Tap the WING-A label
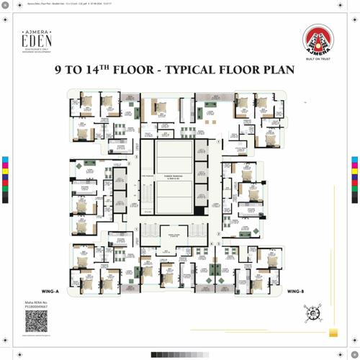(50, 292)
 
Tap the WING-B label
(295, 292)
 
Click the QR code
(36, 321)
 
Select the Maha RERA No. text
(36, 305)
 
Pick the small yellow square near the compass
(333, 333)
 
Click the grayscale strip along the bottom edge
(180, 355)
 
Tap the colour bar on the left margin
(5, 180)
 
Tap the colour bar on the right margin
(354, 180)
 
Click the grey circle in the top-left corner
(5, 5)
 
